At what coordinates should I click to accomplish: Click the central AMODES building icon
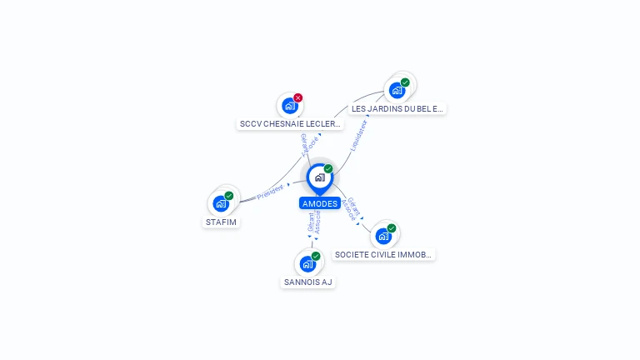319,177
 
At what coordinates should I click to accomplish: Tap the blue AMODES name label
319,203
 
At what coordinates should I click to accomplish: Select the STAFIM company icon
221,203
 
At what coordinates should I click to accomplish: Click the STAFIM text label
222,222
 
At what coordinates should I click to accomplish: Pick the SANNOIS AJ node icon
307,264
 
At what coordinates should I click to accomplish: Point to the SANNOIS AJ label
307,282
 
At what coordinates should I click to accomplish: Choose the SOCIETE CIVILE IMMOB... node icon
383,236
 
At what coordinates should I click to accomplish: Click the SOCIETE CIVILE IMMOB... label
383,254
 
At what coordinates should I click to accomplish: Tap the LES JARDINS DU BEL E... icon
397,90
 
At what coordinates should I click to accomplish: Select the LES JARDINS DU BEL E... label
397,108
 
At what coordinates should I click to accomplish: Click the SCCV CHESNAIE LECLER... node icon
289,106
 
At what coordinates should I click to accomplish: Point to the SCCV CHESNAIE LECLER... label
290,124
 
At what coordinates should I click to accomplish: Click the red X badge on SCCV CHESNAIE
297,97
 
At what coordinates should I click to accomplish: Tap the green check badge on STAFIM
229,196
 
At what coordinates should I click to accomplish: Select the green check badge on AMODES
328,169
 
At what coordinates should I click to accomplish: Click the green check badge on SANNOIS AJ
316,256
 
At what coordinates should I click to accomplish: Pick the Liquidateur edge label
358,135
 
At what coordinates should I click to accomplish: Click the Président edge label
270,192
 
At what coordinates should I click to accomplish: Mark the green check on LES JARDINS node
405,82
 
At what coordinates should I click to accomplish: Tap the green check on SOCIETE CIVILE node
392,228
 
